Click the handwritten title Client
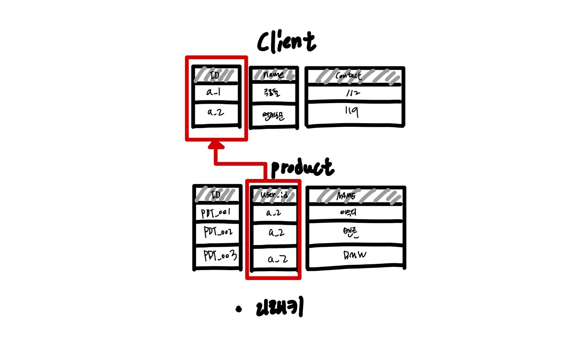pos(286,42)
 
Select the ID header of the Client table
pos(216,75)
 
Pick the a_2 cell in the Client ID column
pos(216,112)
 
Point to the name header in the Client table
pos(274,75)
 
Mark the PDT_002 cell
pos(218,232)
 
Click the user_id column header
pos(274,195)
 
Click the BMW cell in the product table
pos(354,255)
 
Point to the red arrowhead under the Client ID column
pos(216,144)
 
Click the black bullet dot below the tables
pos(239,309)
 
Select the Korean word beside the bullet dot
pos(280,308)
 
